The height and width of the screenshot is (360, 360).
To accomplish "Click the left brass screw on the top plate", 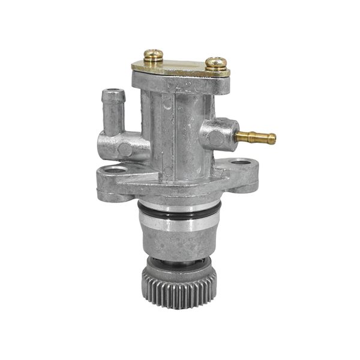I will click(x=153, y=55).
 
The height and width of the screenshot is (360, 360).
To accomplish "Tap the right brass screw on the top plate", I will click(x=216, y=62).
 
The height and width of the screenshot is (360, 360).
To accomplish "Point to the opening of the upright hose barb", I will click(x=113, y=93).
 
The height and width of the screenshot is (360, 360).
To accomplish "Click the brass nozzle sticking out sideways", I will click(x=254, y=136).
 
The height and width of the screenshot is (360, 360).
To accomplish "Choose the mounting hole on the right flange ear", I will click(x=240, y=161).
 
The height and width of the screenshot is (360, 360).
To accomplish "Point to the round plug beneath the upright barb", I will click(x=124, y=148).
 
